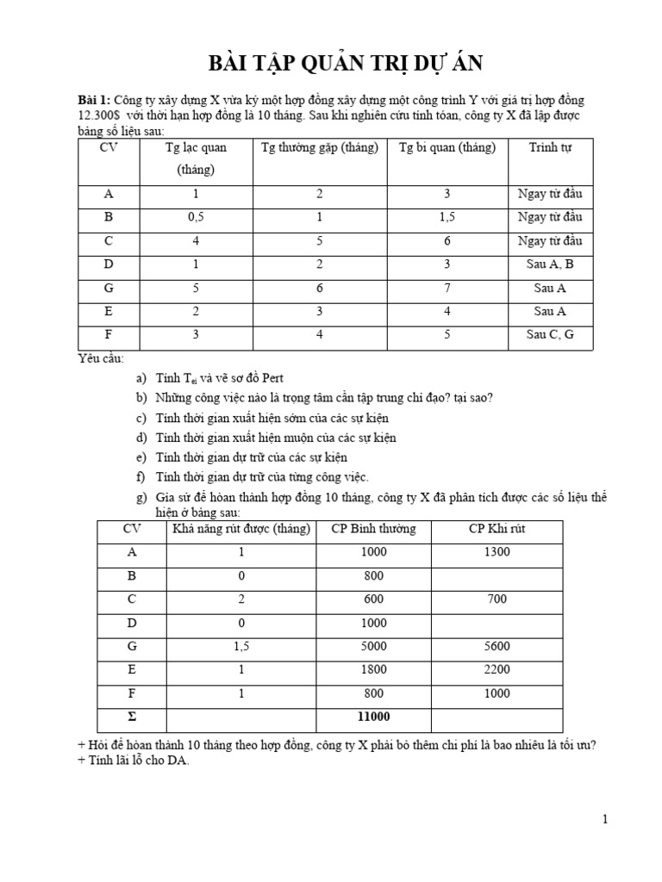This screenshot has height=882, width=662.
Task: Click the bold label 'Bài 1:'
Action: point(95,100)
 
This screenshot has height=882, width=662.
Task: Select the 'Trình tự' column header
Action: point(550,147)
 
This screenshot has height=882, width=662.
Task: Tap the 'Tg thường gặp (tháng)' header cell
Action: point(320,147)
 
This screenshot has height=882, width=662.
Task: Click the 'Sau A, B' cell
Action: point(550,264)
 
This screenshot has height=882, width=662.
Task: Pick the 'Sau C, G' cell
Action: point(550,335)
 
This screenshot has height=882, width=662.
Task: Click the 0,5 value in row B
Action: point(196,217)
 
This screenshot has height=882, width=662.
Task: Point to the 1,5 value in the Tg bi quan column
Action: point(447,217)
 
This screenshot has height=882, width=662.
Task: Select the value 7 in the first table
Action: point(447,288)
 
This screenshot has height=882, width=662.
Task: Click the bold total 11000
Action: point(373,717)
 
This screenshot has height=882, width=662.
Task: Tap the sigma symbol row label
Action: point(131,717)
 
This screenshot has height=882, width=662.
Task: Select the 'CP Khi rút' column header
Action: point(496,529)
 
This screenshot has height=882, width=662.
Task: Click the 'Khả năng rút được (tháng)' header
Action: point(241,529)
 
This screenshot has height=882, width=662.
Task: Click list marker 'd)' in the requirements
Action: point(141,438)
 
